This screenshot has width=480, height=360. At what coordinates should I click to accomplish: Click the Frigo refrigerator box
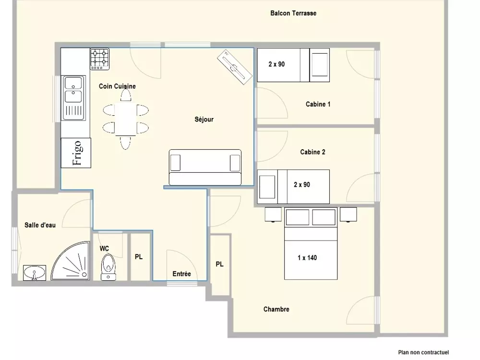point(75,153)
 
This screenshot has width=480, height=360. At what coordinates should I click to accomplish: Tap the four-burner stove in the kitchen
point(99,59)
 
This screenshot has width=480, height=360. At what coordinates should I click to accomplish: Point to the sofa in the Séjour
point(205,167)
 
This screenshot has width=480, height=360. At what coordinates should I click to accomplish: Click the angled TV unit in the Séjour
point(234,67)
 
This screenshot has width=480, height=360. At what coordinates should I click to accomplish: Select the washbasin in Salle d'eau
point(35,273)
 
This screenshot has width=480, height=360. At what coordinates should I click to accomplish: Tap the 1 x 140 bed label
point(307,258)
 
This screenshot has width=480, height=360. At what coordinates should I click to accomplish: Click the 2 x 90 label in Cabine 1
point(276,64)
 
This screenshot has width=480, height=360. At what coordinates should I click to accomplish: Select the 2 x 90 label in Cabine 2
point(302,184)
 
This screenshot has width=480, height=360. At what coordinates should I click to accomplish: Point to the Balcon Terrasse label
point(293,13)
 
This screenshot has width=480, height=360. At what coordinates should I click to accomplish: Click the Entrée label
point(182,274)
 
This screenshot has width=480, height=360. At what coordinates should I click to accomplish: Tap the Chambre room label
point(276,310)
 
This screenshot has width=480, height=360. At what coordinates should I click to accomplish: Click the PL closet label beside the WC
point(139,257)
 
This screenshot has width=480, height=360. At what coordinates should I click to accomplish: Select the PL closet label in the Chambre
point(219,264)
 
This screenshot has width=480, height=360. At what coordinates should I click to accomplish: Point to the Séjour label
point(204,120)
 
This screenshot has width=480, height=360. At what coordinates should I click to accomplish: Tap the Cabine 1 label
point(318,104)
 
